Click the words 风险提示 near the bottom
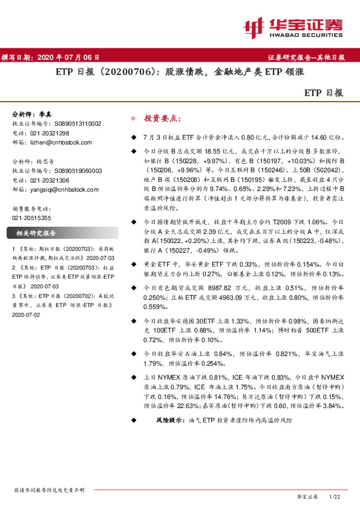click(x=170, y=419)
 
